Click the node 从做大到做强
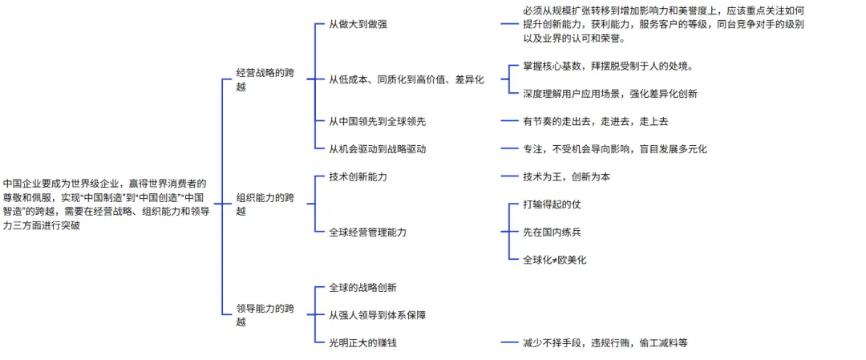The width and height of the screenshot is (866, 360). [358, 24]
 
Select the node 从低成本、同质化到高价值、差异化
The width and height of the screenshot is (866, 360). [407, 79]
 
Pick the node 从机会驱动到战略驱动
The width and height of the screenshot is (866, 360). [377, 148]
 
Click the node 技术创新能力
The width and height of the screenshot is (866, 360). [363, 176]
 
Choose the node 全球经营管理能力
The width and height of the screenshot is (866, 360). [368, 232]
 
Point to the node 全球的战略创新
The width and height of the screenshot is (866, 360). [363, 287]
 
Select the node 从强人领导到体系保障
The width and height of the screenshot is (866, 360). [377, 315]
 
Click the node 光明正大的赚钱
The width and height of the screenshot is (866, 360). [363, 342]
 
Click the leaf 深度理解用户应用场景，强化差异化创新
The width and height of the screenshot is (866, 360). [610, 93]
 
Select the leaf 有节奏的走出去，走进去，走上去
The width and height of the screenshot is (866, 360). [595, 121]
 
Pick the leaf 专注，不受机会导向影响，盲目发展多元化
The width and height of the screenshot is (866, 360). [615, 148]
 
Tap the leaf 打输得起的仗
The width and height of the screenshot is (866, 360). [552, 204]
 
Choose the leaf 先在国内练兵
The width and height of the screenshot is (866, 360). [552, 232]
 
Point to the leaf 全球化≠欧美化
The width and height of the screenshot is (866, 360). [555, 260]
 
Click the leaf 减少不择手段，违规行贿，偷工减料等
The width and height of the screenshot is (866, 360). [605, 342]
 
